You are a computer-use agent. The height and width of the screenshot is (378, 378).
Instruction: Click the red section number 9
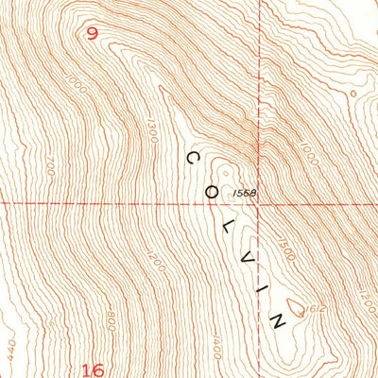tap(92, 34)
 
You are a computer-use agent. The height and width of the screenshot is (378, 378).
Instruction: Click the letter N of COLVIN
tap(278, 319)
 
